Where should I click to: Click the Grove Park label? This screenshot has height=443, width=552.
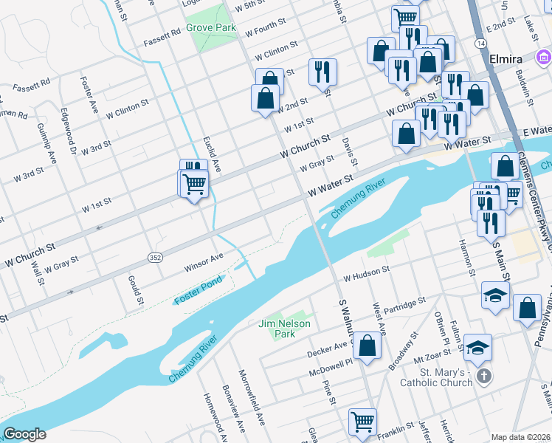(210, 27)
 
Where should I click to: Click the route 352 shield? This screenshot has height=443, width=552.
(155, 257)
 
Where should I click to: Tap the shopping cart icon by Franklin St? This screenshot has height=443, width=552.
(362, 422)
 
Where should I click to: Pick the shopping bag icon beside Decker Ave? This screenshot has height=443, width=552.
(367, 344)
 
